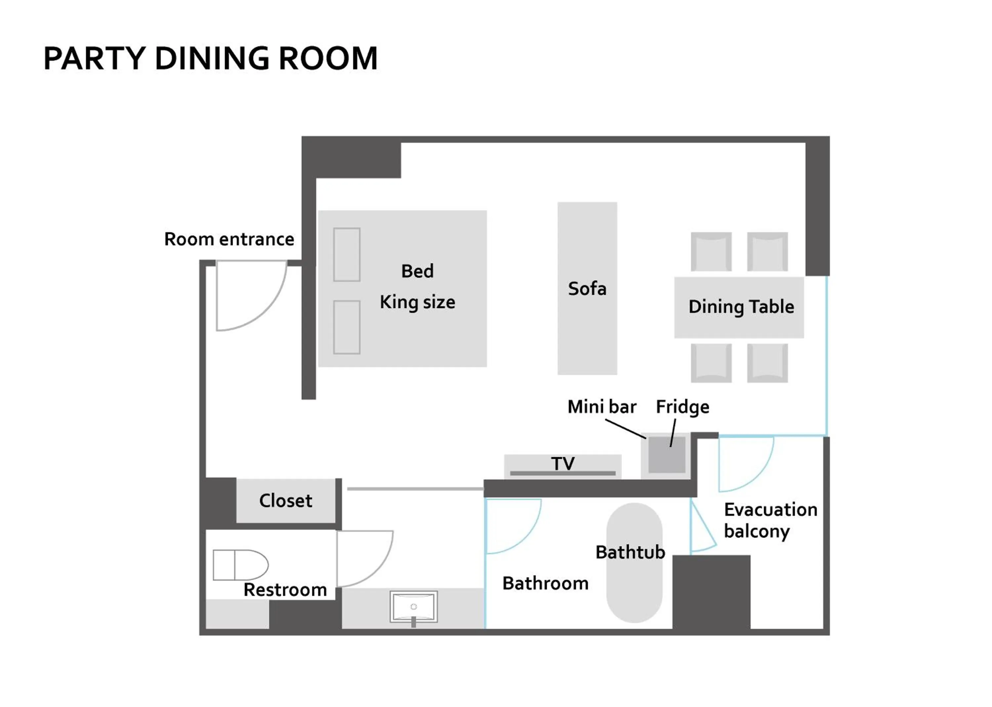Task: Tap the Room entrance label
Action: (229, 239)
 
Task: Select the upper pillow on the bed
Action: (347, 255)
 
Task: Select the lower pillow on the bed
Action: (347, 327)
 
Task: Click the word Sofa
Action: (587, 289)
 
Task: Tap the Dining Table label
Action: (741, 307)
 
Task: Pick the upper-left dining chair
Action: (711, 252)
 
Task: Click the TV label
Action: (562, 463)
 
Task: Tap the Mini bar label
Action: (601, 407)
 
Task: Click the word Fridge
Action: (682, 407)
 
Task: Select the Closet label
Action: (286, 501)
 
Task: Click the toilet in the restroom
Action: (240, 565)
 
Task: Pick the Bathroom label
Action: (545, 583)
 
